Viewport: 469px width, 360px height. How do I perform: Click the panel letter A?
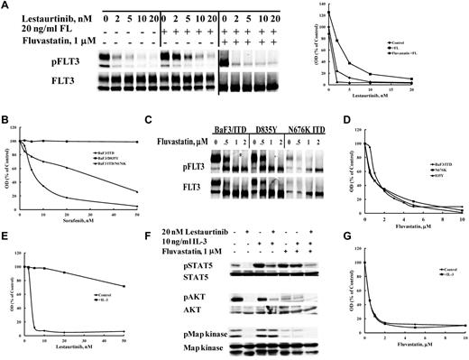(5, 6)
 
